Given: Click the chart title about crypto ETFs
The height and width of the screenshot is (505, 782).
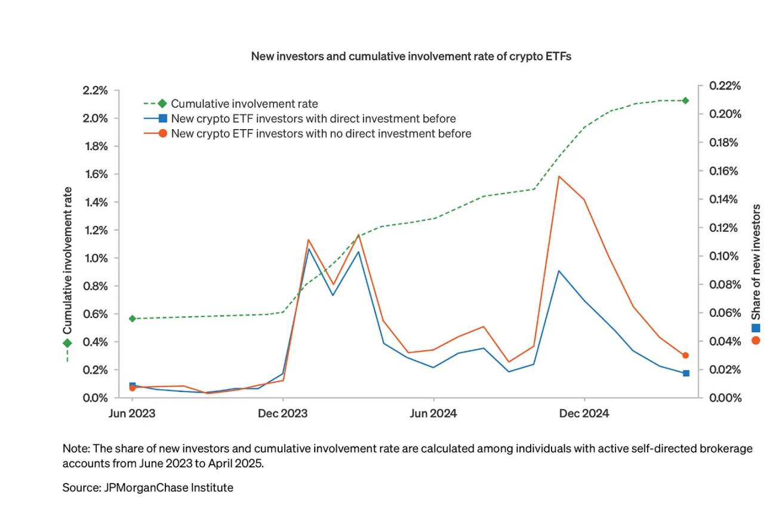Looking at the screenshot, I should point(411,56).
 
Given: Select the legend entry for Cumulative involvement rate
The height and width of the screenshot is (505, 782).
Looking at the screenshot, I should point(244,104).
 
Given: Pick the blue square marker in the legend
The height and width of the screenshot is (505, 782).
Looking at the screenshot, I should point(162,119).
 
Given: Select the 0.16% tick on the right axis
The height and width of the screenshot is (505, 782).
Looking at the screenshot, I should point(723,171).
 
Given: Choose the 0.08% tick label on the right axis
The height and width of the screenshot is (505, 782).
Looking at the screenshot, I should point(723,284).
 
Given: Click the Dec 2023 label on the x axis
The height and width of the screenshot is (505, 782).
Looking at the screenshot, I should point(282,414).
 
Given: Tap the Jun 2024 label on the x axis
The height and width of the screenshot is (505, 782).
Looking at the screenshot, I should point(433,414).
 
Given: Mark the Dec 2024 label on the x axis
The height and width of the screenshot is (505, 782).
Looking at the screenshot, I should point(584,414).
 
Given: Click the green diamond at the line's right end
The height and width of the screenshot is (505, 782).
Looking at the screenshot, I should point(685,100).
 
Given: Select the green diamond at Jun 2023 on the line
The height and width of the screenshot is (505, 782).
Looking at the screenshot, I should point(132,319).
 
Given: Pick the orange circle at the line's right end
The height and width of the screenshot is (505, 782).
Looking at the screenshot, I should point(685,355).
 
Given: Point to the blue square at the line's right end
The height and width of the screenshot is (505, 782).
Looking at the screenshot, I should point(686,373).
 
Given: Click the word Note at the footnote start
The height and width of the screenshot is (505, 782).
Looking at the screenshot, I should point(75,448).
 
